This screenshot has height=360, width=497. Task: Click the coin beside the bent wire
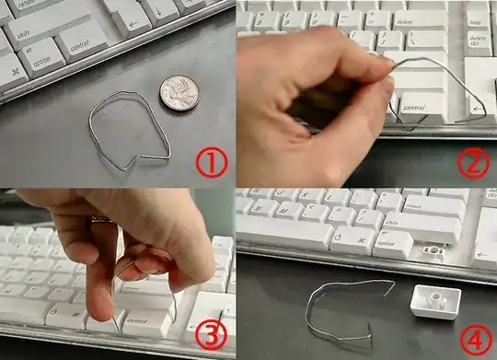179,92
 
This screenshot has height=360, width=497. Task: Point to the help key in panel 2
478,18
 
